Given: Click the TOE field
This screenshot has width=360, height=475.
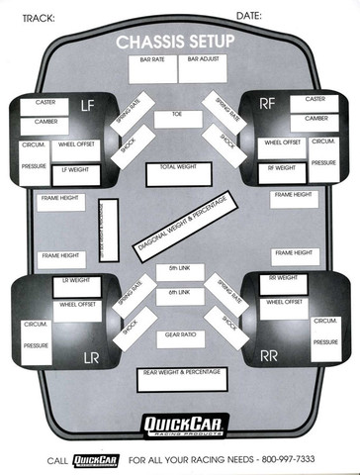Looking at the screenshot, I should pyautogui.click(x=178, y=119).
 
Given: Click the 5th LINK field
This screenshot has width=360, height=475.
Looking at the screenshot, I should pyautogui.click(x=178, y=271).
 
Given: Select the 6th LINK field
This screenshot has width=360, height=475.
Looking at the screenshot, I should pyautogui.click(x=178, y=295).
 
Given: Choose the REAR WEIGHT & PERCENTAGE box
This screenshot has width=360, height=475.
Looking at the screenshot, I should pyautogui.click(x=180, y=377).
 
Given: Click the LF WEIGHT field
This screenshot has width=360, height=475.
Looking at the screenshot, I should pyautogui.click(x=75, y=170).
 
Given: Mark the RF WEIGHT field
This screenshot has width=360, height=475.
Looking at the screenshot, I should pyautogui.click(x=282, y=169).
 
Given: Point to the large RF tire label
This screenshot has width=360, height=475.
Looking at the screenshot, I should pyautogui.click(x=268, y=102).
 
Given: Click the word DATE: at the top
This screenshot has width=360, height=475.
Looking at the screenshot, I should pyautogui.click(x=248, y=17).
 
